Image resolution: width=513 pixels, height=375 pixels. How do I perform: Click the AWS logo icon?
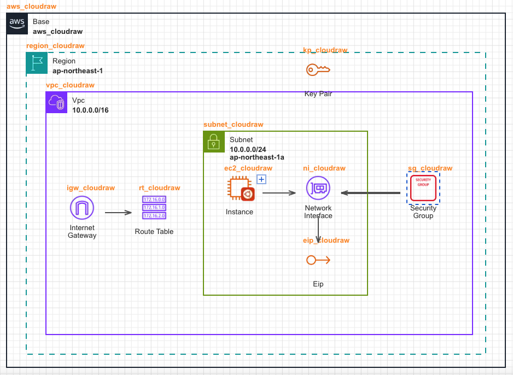(17, 25)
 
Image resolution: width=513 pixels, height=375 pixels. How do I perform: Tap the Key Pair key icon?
(318, 69)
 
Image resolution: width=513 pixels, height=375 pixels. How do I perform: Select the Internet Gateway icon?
(82, 208)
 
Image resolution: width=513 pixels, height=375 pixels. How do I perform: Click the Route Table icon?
(154, 208)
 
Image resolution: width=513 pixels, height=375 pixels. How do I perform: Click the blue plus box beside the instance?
(261, 179)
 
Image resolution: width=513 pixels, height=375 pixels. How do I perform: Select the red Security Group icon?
(423, 188)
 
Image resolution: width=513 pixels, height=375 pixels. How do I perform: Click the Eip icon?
(318, 260)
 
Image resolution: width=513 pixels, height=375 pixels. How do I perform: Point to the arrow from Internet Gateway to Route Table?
(118, 213)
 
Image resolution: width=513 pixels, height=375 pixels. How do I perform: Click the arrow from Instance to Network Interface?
(279, 192)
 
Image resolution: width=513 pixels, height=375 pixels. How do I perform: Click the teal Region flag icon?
(37, 63)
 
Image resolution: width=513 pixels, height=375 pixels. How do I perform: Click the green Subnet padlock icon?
(214, 142)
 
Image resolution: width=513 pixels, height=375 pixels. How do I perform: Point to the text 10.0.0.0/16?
(90, 110)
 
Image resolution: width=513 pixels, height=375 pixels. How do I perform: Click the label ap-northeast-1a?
(257, 157)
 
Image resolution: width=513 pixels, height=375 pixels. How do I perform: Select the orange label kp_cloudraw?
(325, 50)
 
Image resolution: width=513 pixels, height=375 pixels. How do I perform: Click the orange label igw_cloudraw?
(91, 188)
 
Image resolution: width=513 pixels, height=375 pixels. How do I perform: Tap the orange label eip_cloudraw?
(326, 241)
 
